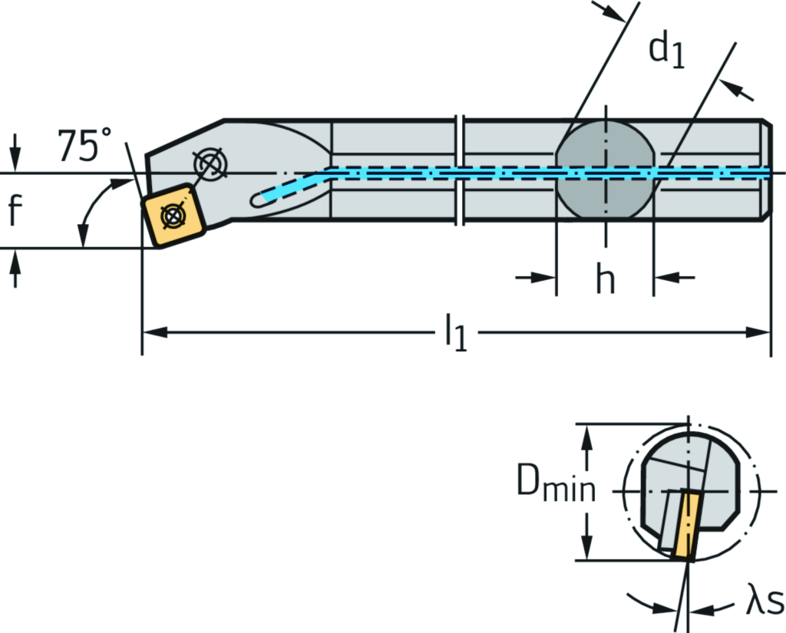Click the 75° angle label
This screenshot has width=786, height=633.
pyautogui.click(x=84, y=145)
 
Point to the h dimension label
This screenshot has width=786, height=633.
pyautogui.click(x=605, y=281)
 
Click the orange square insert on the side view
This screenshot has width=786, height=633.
pyautogui.click(x=173, y=214)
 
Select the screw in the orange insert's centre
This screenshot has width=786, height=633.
pyautogui.click(x=173, y=215)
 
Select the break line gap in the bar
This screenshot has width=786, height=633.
pyautogui.click(x=461, y=170)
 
